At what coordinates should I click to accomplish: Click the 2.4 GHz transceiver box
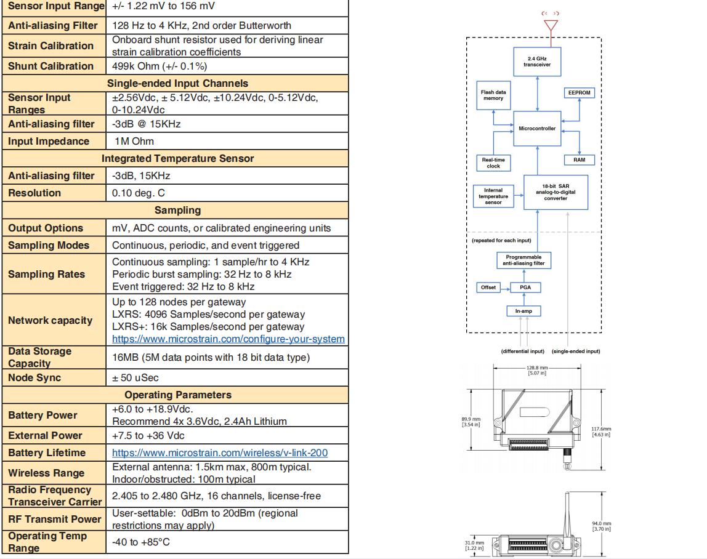(538, 62)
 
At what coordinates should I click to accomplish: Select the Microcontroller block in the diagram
(537, 129)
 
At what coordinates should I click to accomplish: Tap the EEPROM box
(580, 93)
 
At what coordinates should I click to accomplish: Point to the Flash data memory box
(493, 95)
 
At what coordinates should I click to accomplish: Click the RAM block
(580, 159)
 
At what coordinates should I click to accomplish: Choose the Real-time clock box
(493, 163)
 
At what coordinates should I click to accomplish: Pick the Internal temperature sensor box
(493, 196)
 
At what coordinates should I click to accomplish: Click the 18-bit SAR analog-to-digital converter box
(555, 192)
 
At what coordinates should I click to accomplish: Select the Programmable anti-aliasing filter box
(523, 260)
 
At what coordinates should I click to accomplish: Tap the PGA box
(525, 288)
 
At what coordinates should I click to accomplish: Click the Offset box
(488, 288)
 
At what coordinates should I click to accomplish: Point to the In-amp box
(523, 312)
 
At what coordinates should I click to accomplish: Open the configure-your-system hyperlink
(228, 339)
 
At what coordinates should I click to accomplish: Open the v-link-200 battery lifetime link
(219, 453)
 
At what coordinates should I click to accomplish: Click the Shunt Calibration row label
(51, 66)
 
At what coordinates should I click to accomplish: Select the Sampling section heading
(177, 210)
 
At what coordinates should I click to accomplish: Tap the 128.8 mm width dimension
(530, 369)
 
